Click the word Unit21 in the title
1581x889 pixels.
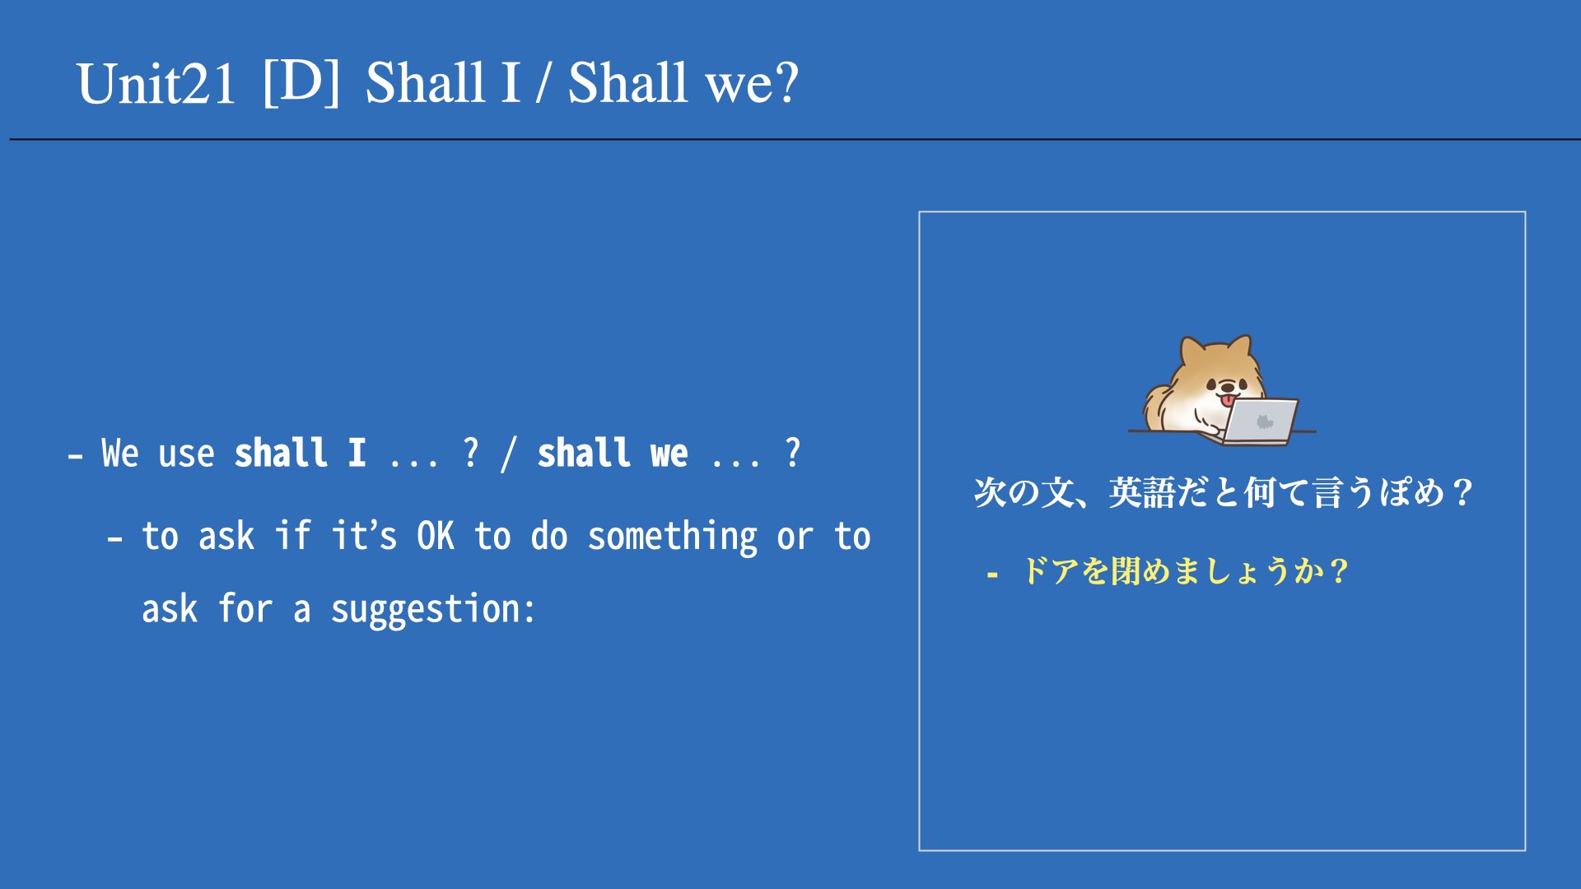(156, 84)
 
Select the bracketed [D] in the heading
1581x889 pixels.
(301, 81)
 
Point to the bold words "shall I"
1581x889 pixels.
(300, 453)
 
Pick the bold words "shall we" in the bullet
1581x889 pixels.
(612, 453)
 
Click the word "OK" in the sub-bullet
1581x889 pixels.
(436, 536)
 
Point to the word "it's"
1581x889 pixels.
(364, 535)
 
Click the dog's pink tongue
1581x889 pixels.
(1228, 401)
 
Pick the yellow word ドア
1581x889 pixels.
(1051, 570)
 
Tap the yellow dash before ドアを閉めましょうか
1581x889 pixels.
(992, 574)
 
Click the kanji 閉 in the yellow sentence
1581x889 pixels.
(1126, 570)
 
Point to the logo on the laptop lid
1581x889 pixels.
(1265, 421)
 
